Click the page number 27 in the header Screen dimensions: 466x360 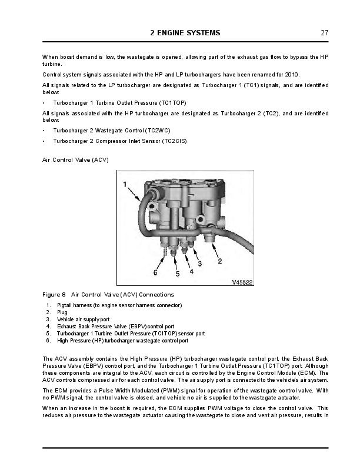pos(324,33)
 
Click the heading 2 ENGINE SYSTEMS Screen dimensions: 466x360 pos(185,33)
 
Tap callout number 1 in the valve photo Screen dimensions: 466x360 pos(125,185)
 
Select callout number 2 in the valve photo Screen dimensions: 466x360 pos(219,259)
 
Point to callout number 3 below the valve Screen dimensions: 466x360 pos(199,264)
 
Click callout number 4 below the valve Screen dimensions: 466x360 pos(191,271)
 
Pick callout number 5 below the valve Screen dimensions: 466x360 pos(177,274)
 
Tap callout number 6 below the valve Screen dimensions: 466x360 pos(155,272)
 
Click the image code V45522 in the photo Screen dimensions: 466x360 pos(242,282)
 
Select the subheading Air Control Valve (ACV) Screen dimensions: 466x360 pos(75,160)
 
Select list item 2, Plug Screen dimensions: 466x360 pos(62,312)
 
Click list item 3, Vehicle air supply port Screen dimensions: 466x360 pos(83,319)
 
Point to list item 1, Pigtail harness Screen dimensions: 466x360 pos(119,305)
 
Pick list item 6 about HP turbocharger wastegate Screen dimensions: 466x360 pos(122,341)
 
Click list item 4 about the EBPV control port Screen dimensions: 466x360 pos(115,327)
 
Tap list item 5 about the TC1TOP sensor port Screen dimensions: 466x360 pos(131,334)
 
